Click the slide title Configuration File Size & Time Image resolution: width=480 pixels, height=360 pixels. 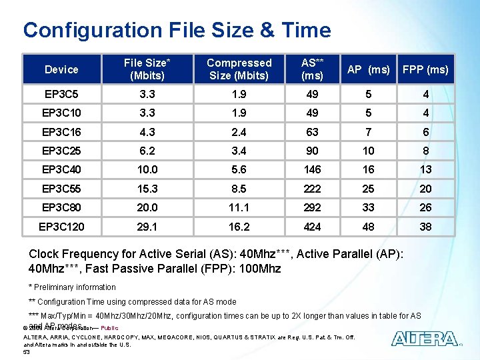177,30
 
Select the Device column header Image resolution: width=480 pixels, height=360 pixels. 61,69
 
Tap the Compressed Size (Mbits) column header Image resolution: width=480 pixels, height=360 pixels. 239,69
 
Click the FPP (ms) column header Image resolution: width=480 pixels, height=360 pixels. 425,69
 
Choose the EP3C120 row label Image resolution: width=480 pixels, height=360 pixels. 61,227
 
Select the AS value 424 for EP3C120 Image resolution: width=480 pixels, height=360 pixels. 312,227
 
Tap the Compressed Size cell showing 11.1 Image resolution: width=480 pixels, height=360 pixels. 239,208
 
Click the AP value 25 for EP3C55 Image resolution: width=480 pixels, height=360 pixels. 368,189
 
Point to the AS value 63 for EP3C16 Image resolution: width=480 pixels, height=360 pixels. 312,132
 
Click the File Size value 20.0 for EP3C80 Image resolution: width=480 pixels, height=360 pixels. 147,208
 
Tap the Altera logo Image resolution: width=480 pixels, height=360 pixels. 425,339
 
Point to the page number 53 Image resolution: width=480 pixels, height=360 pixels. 27,352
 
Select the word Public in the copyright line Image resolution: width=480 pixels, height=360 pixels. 109,328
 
